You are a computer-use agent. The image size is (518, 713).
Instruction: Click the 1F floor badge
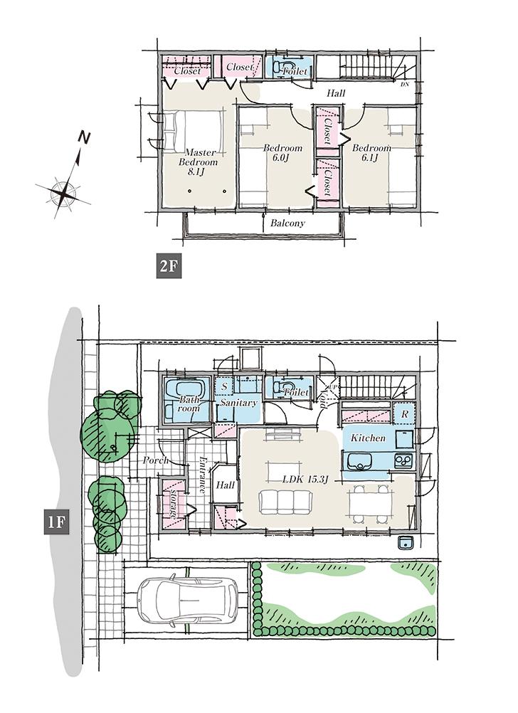tap(56, 522)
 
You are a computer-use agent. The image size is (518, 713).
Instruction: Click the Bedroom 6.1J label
tap(371, 153)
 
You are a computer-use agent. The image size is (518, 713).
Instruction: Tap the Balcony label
tap(287, 223)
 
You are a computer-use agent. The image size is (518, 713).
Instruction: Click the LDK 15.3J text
tap(305, 479)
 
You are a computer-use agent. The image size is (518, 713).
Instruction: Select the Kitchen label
tap(368, 438)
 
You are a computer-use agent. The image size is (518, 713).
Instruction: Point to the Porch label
tap(155, 460)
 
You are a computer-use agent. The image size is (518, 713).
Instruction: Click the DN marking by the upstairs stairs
tap(404, 85)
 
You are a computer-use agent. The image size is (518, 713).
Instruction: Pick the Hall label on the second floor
tap(337, 93)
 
